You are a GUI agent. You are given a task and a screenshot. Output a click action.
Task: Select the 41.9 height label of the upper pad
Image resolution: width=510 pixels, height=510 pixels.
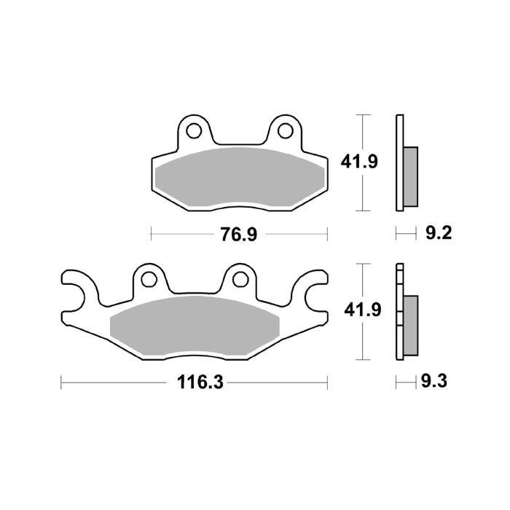click(x=360, y=162)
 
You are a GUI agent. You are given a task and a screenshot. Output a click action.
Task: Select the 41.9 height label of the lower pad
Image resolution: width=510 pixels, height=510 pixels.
click(x=360, y=310)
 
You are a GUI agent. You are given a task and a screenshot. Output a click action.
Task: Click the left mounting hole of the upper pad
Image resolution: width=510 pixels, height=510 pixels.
click(x=195, y=131)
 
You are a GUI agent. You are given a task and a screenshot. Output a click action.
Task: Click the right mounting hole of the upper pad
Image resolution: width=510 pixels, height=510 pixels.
click(x=286, y=131)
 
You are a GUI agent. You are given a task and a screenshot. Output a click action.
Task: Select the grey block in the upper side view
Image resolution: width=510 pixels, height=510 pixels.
click(x=412, y=175)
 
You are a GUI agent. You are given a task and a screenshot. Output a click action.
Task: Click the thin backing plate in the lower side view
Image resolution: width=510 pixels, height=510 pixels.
click(x=399, y=313)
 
